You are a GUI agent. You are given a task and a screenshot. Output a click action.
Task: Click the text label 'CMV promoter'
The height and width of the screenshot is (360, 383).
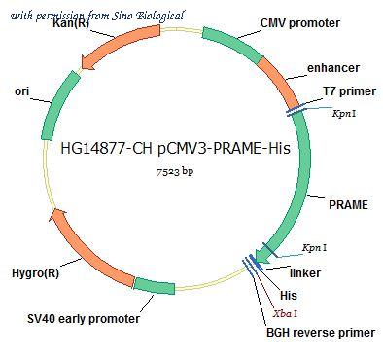coord(300,23)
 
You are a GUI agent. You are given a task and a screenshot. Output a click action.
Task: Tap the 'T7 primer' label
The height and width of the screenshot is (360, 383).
coord(350,91)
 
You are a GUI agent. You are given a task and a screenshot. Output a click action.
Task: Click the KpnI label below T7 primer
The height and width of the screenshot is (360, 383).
coord(345,113)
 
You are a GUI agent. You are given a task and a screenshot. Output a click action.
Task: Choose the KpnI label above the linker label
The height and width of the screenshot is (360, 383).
coord(315,248)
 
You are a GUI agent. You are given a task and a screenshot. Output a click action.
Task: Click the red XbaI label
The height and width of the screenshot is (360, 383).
coord(285,313)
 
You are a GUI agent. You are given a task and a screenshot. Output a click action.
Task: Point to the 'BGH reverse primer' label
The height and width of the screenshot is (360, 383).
coord(321,333)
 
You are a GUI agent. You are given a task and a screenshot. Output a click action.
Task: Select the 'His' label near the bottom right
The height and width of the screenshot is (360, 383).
coord(289,296)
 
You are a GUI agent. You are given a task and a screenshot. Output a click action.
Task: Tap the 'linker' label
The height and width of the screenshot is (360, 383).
coord(305,273)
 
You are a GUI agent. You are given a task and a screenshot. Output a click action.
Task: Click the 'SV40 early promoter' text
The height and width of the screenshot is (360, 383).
coord(84,319)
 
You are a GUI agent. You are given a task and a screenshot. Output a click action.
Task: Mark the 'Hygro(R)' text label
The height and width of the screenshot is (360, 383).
coord(36,273)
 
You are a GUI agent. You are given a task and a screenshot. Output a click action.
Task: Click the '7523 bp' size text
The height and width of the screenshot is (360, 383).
coord(175,172)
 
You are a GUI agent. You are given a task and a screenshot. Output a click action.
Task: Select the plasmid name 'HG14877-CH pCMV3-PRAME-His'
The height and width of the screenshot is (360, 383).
coord(175,149)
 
